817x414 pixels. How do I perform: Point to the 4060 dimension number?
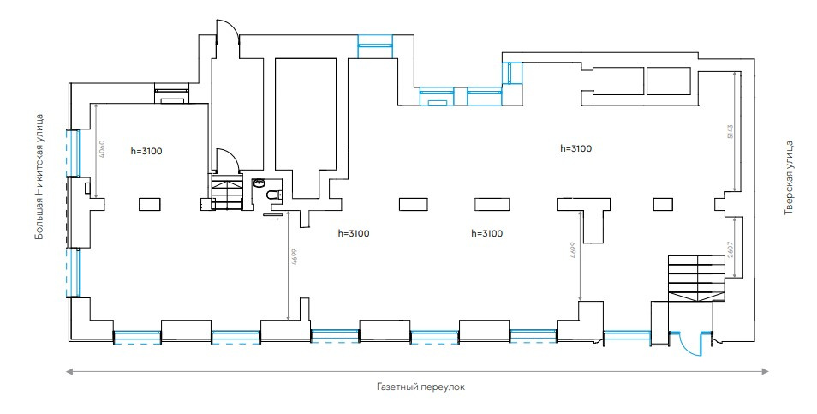(x=102, y=150)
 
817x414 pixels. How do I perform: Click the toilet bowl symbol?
(x=273, y=198)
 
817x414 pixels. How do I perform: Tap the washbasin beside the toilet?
(x=258, y=183)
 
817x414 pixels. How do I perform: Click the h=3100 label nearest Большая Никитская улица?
(x=146, y=151)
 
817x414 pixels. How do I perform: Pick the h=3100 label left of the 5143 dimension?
(x=575, y=148)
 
